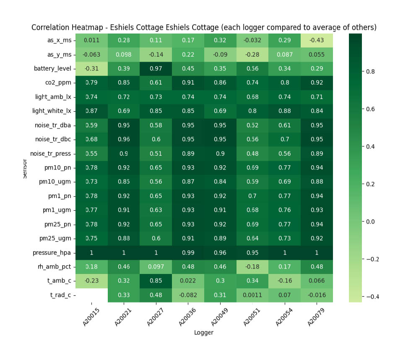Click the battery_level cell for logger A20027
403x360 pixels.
(x=156, y=69)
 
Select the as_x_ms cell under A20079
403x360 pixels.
(x=316, y=40)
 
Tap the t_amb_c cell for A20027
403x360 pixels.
(x=156, y=281)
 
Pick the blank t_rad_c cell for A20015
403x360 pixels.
(x=91, y=295)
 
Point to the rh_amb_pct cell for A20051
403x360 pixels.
(x=252, y=267)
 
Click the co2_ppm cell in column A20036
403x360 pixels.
(x=188, y=83)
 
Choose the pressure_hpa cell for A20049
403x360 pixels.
(x=220, y=253)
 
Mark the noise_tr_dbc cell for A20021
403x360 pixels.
(x=124, y=139)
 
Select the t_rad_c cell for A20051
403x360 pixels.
(x=252, y=295)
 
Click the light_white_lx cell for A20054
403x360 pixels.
(x=284, y=111)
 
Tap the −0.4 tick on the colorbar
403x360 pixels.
(x=371, y=297)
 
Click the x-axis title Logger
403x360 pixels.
(x=204, y=333)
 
